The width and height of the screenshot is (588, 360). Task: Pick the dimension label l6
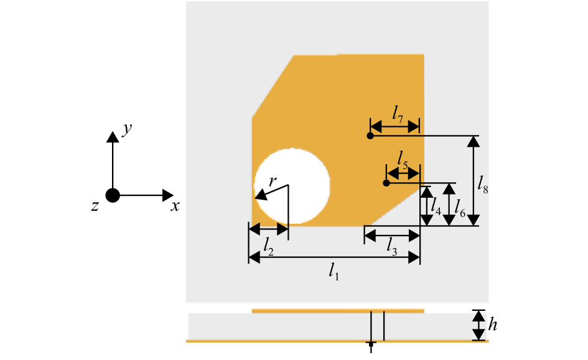[x=460, y=207]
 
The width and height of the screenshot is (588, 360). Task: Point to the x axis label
[x=175, y=206]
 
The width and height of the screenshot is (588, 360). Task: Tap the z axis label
[x=95, y=206]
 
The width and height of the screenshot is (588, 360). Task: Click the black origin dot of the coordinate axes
[x=113, y=195]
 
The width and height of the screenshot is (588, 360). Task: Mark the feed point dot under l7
[x=370, y=136]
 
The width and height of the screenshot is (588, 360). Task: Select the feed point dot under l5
[x=386, y=183]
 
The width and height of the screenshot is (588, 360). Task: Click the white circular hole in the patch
[x=292, y=186]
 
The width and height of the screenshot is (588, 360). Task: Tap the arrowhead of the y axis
[x=113, y=136]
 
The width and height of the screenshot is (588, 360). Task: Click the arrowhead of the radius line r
[x=261, y=196]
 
